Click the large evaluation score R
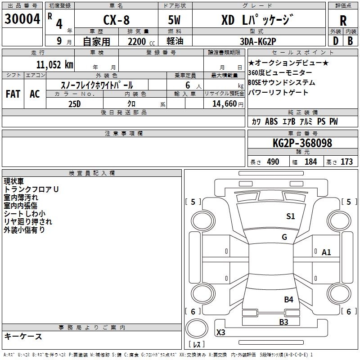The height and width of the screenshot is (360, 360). [x=343, y=21]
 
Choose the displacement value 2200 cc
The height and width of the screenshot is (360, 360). [x=137, y=42]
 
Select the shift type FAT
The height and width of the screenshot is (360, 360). [x=13, y=94]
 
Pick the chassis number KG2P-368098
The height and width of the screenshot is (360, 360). [x=302, y=143]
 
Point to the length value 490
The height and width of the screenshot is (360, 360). [x=273, y=162]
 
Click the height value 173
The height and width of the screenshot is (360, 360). [x=346, y=162]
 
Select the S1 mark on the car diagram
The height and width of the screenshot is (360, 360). [x=291, y=216]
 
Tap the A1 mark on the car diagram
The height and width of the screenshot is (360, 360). [x=326, y=252]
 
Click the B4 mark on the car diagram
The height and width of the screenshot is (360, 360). [x=288, y=299]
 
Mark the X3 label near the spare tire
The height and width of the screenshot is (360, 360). [x=221, y=333]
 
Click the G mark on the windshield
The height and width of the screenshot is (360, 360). [x=284, y=237]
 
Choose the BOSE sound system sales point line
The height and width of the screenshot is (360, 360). [x=282, y=83]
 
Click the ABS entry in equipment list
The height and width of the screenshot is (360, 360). [x=271, y=121]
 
